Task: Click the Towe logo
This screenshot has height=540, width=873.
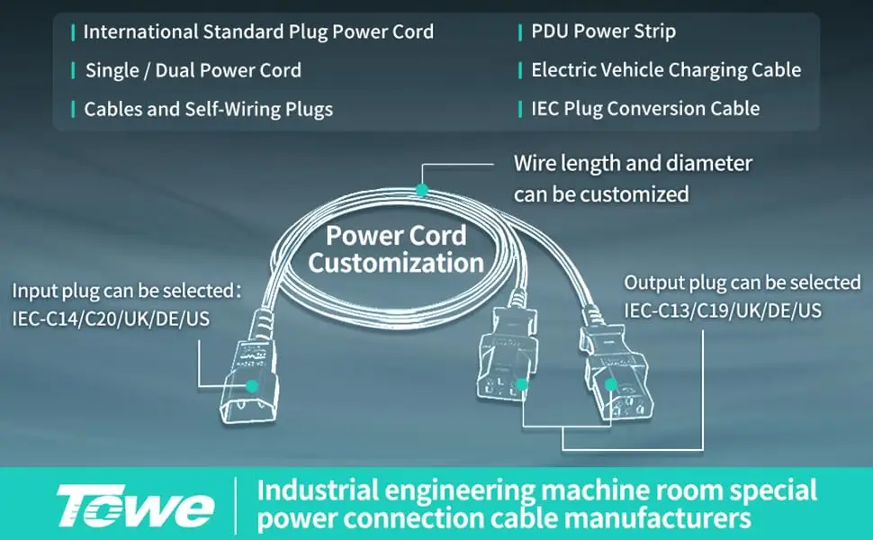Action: (135, 506)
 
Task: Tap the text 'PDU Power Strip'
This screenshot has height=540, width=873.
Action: (604, 31)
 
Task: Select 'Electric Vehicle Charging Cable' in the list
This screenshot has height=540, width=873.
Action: (666, 70)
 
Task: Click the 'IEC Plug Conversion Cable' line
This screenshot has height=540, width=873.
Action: (645, 109)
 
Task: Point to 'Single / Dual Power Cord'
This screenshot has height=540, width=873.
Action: (193, 71)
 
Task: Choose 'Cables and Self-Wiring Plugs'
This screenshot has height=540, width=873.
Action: (208, 109)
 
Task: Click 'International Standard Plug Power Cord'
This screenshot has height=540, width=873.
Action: (258, 31)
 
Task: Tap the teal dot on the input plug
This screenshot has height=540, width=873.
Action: (252, 386)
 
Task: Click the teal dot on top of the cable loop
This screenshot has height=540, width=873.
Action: (422, 191)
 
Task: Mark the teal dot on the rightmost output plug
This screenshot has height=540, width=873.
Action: (611, 384)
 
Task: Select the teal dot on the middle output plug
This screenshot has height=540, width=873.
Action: (522, 384)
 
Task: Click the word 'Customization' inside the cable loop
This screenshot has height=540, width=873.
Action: (396, 263)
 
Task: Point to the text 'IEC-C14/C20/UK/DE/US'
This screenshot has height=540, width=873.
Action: (111, 319)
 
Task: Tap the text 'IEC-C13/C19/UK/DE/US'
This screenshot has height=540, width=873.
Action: (723, 310)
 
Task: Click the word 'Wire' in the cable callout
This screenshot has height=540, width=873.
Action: (535, 164)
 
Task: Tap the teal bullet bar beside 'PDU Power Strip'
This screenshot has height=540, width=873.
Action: (520, 32)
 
